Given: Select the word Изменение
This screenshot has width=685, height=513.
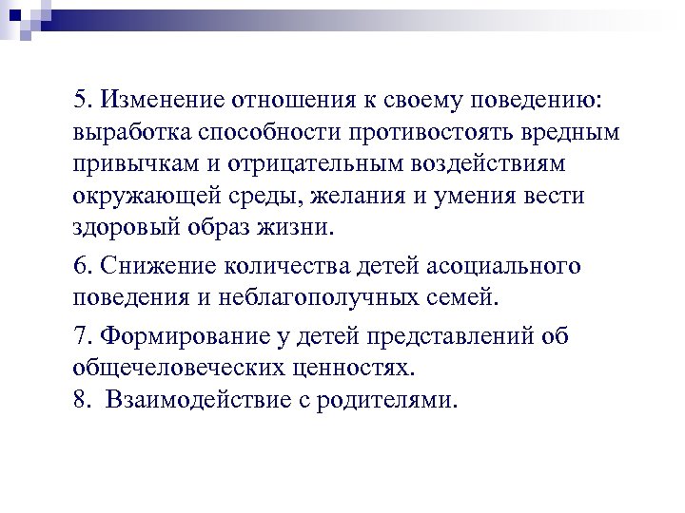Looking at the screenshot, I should point(153,100).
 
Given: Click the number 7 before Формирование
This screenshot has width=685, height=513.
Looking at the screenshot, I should point(78,336).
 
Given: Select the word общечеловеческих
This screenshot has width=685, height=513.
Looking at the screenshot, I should point(178,368).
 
